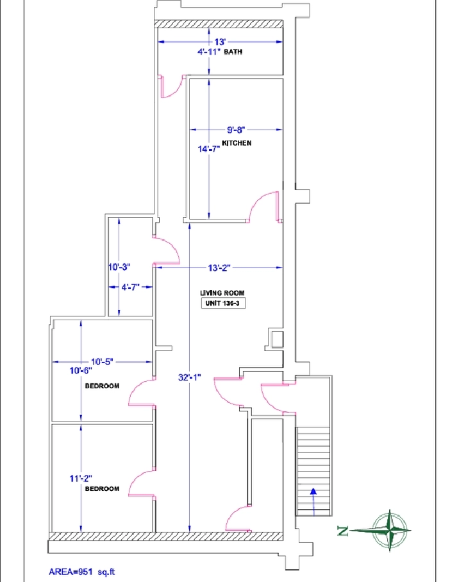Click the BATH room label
[233, 51]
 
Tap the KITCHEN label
[237, 143]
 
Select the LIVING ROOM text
[222, 293]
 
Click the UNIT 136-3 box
[223, 304]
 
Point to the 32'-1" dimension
[190, 377]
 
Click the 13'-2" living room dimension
[219, 268]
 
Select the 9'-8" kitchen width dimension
[236, 130]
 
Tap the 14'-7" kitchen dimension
[209, 149]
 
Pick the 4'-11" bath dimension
[209, 51]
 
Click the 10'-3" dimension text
[119, 267]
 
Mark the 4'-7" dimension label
[131, 287]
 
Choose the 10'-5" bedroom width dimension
[102, 361]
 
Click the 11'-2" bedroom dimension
[81, 479]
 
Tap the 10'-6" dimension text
[81, 370]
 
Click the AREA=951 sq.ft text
[82, 572]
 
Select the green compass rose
[389, 530]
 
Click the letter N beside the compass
[343, 531]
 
